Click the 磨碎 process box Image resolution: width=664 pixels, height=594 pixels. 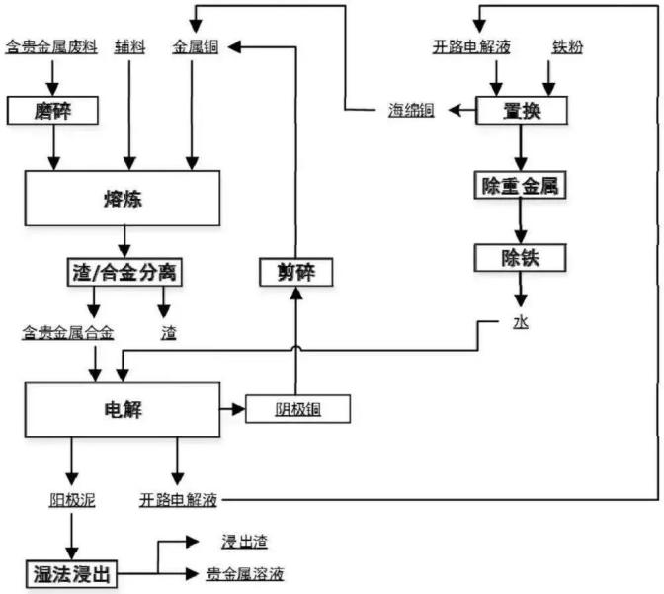(42, 109)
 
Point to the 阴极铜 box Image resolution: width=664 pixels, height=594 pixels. (297, 408)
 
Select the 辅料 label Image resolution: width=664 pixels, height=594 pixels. (128, 46)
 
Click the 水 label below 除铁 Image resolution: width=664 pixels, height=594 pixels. (521, 322)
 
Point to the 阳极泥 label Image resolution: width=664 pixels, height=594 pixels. (71, 500)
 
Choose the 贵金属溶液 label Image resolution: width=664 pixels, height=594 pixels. (245, 573)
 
